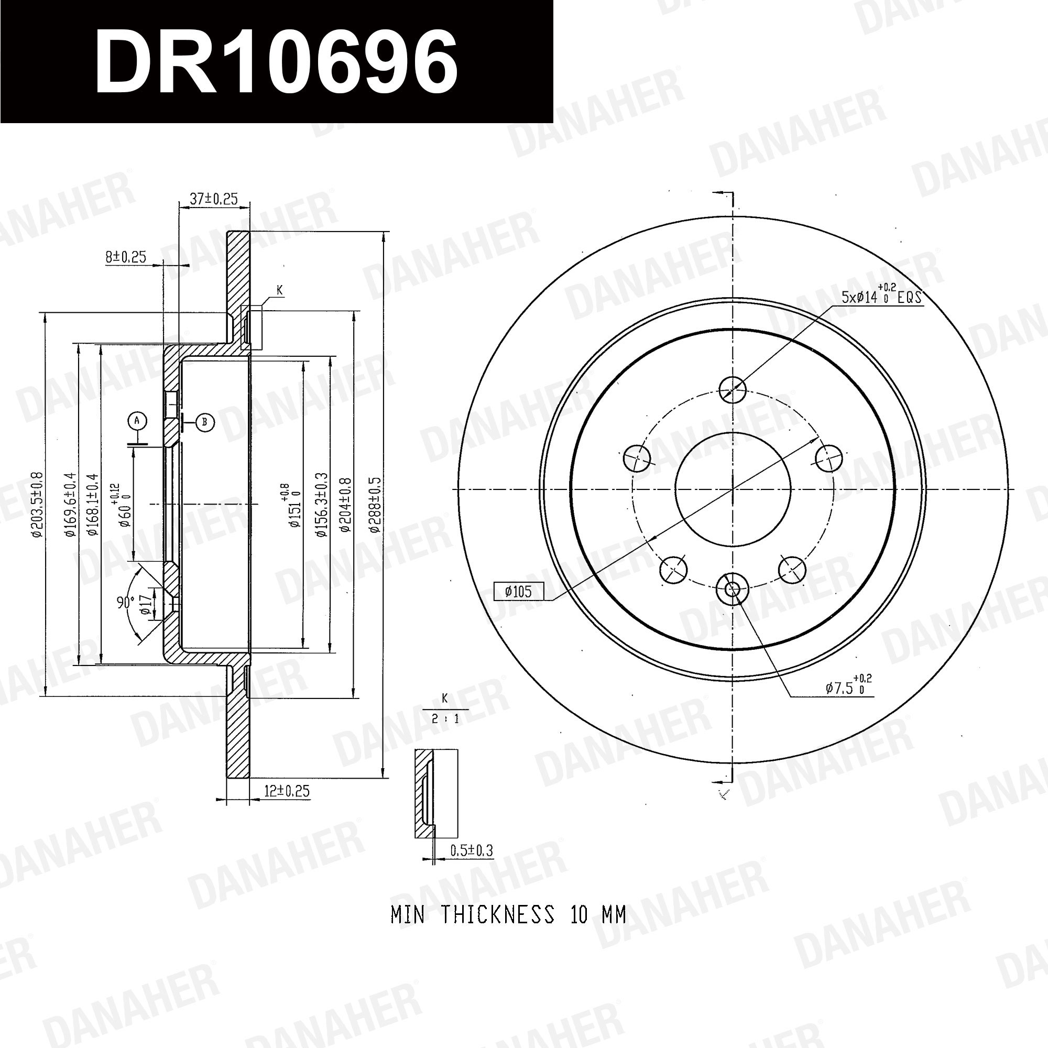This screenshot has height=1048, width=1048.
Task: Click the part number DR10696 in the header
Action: coord(276,62)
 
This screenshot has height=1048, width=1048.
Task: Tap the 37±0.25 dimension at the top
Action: coord(214,199)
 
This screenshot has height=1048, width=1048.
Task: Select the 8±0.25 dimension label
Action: coord(125,257)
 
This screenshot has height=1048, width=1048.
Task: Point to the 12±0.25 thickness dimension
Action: coord(287,791)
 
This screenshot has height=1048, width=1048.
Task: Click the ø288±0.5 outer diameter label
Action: coord(375,505)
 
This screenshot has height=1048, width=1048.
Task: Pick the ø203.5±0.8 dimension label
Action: coord(37,505)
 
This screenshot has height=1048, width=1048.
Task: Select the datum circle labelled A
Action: coord(137,420)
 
